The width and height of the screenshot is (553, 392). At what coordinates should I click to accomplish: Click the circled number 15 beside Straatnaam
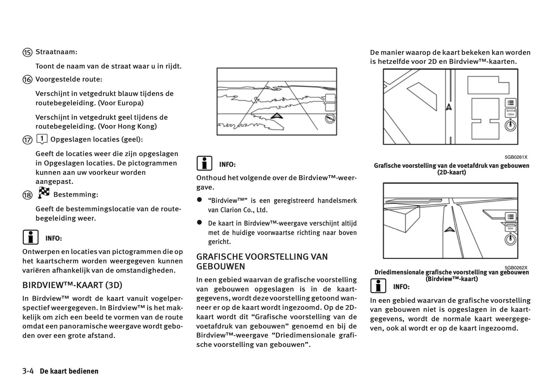[x=27, y=52]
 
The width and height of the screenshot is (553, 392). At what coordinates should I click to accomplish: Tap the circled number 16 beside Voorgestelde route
[x=27, y=80]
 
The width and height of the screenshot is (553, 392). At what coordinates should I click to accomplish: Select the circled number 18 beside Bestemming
[x=27, y=195]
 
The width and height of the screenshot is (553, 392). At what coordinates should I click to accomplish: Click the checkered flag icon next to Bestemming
[x=44, y=193]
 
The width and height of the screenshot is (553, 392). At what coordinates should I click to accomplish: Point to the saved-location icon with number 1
[x=42, y=139]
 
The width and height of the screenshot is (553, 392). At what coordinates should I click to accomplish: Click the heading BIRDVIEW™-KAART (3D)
[x=72, y=285]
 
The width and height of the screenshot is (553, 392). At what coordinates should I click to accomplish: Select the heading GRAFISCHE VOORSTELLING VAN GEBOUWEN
[x=262, y=261]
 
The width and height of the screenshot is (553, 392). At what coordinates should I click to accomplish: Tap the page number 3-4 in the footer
[x=28, y=371]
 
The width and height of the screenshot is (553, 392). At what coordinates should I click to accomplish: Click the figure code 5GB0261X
[x=516, y=157]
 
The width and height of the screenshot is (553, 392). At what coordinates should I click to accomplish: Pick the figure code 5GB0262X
[x=516, y=268]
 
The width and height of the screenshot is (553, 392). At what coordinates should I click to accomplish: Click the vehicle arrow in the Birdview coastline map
[x=276, y=116]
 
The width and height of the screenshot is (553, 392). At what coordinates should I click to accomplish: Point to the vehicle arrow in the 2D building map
[x=449, y=107]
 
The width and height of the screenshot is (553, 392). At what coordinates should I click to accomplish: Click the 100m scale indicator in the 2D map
[x=511, y=114]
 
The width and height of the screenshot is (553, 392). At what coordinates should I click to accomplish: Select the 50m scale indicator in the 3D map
[x=511, y=228]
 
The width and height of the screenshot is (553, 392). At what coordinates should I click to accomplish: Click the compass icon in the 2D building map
[x=511, y=125]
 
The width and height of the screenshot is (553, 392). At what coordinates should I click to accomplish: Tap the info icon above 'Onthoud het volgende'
[x=204, y=164]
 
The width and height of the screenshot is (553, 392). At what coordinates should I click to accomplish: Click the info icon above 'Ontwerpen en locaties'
[x=30, y=237]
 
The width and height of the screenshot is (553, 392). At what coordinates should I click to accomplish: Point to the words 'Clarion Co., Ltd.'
[x=244, y=210]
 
